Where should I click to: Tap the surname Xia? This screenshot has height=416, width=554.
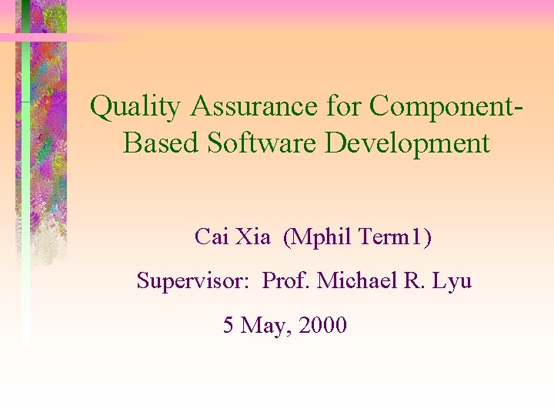[x=253, y=237]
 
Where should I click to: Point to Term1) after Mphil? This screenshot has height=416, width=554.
[x=395, y=237]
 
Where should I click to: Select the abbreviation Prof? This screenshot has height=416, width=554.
[x=286, y=281]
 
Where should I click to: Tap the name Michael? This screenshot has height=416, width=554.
[x=356, y=281]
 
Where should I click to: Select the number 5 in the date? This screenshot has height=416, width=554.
[x=229, y=326]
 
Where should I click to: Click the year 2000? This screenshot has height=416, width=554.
[x=322, y=326]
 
